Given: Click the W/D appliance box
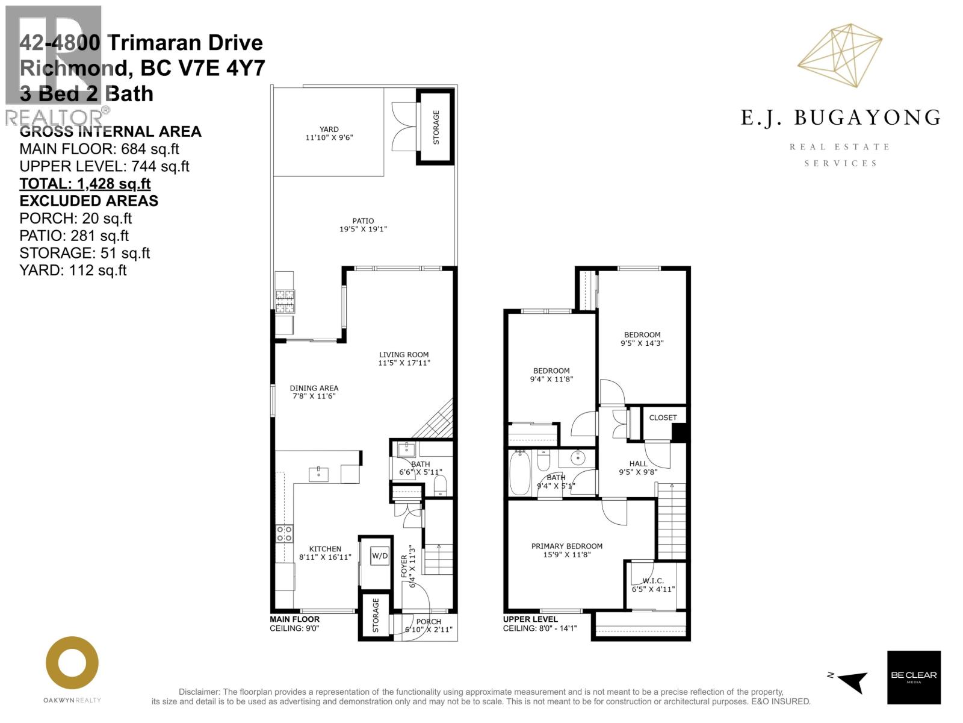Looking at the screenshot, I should tap(380, 556).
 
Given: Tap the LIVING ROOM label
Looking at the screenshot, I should tap(404, 355).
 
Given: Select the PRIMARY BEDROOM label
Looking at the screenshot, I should tap(566, 546).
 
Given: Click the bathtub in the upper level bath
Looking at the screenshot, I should tap(520, 474).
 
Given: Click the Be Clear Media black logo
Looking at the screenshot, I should tap(914, 677).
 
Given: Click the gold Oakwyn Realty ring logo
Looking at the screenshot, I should tap(72, 663).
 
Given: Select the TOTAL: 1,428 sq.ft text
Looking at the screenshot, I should tap(85, 184).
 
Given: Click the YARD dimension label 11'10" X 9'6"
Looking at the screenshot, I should tap(329, 137).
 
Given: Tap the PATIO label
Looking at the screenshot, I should tap(363, 221).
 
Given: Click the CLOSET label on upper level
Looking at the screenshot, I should tap(663, 418).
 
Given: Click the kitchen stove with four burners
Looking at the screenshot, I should tap(285, 533).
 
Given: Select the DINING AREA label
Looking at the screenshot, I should tap(314, 388).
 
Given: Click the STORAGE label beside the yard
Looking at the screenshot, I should tap(436, 127).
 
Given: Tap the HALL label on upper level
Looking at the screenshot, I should tap(638, 463).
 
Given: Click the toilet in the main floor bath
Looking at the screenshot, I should tap(440, 486).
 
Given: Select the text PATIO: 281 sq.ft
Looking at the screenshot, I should tap(74, 236).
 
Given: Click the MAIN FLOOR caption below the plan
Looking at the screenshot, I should tap(294, 619).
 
